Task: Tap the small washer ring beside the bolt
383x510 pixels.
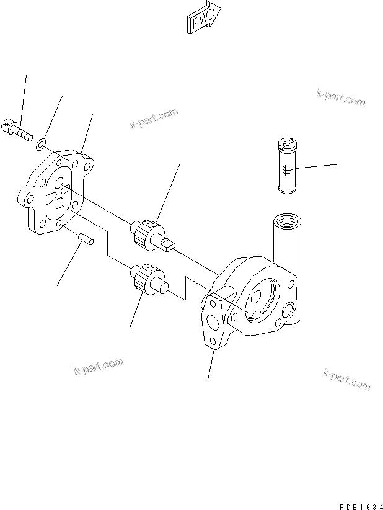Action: point(40,145)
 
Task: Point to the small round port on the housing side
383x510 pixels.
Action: point(289,309)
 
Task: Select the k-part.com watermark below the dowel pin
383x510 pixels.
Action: point(98,369)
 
